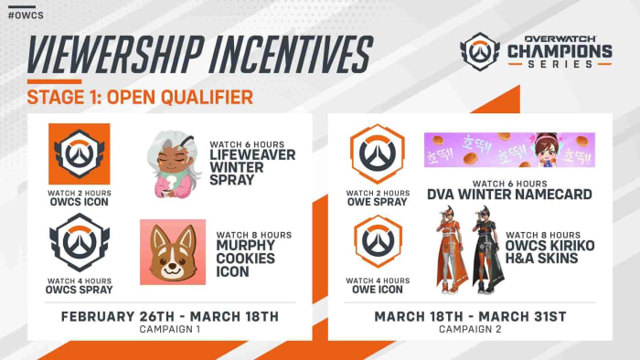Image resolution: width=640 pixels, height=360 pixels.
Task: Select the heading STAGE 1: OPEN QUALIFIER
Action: coord(140,97)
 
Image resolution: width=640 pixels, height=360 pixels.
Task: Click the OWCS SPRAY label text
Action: coord(80,290)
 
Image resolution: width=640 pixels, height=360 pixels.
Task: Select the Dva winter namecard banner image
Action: coord(509,150)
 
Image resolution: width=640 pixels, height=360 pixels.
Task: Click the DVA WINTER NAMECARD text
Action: coord(509,193)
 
